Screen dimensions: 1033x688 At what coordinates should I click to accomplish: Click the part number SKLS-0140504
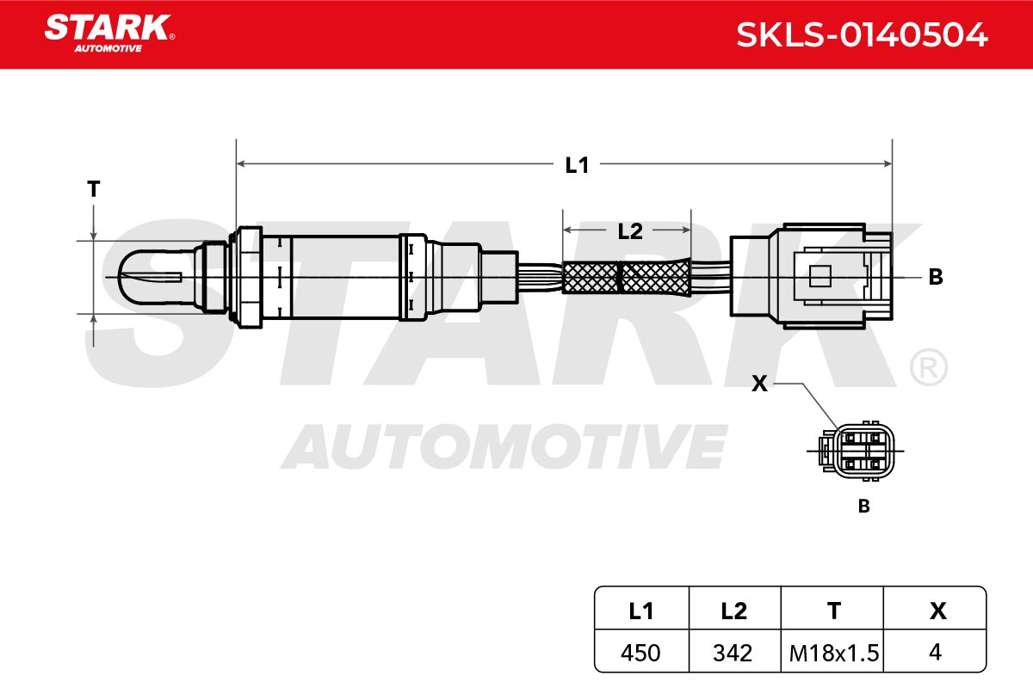pos(862,35)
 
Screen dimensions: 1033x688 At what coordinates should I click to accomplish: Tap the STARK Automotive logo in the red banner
pos(110,34)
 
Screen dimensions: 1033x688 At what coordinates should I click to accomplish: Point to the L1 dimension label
pos(577,165)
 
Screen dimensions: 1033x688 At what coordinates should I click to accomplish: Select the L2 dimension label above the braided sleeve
pos(630,231)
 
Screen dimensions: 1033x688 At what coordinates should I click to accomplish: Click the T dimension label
pos(94,189)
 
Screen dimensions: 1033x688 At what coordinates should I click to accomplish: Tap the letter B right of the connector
pos(936,277)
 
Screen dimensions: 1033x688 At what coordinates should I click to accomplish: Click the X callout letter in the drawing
pos(759,384)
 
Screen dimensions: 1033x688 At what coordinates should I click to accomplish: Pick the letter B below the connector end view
pos(863,506)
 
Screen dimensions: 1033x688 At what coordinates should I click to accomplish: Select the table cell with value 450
pos(640,653)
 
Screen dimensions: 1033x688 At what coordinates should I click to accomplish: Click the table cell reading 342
pos(733,653)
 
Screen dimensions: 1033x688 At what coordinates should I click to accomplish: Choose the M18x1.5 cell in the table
pos(834,653)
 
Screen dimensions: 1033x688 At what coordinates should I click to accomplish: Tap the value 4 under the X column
pos(935,652)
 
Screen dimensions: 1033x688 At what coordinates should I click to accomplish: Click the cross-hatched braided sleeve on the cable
pos(627,277)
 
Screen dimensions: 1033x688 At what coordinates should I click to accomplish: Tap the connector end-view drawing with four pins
pos(856,451)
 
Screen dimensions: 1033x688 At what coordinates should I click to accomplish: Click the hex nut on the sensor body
pos(246,277)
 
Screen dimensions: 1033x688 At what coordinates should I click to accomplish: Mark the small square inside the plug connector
pos(820,276)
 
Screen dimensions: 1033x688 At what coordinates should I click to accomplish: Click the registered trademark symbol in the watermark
pos(928,368)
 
